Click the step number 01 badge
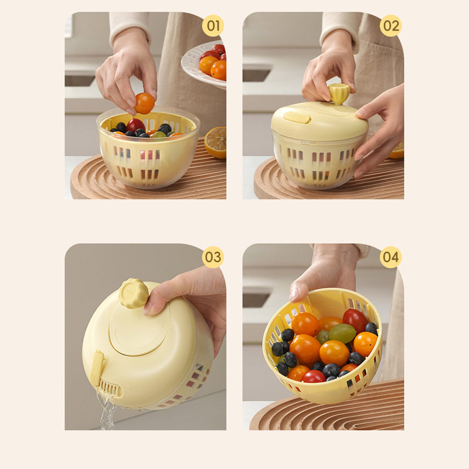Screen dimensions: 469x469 coord(213,26)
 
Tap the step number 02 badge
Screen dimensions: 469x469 coord(390,26)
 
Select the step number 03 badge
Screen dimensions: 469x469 coord(213,257)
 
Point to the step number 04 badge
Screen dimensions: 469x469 coord(390,257)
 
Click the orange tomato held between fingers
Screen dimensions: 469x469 coord(145,103)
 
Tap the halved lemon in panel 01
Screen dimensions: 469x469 coord(216,142)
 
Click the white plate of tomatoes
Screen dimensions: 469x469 coord(204,64)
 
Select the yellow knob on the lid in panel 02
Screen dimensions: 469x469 coord(339,93)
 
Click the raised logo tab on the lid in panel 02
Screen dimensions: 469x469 coord(297,118)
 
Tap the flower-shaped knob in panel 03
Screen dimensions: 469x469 coord(134,294)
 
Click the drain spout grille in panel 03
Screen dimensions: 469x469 coord(109,388)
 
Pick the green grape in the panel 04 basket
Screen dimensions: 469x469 coord(342,333)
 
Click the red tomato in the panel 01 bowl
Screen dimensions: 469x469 coord(135,125)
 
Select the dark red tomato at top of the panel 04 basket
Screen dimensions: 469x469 coord(355,320)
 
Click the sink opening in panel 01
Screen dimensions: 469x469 coord(80,81)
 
